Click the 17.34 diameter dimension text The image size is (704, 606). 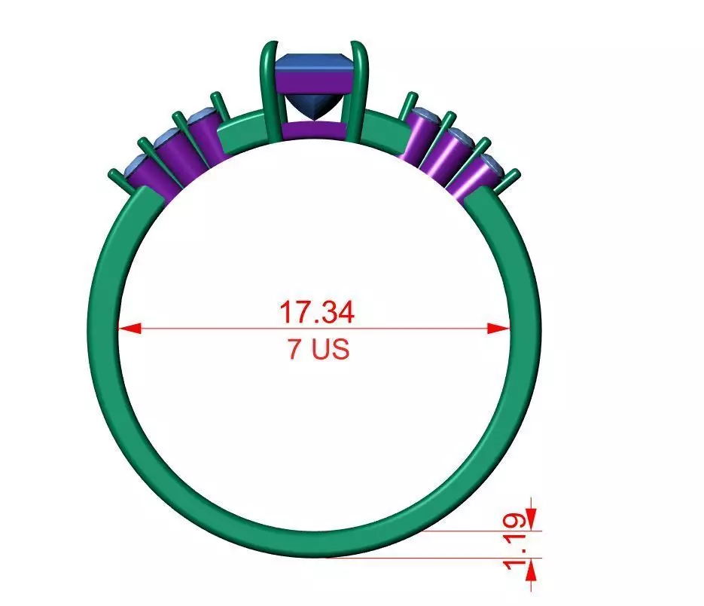(x=315, y=311)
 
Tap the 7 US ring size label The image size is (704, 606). (x=317, y=350)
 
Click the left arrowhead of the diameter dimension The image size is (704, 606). (x=129, y=328)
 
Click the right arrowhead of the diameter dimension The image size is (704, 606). (x=500, y=328)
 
